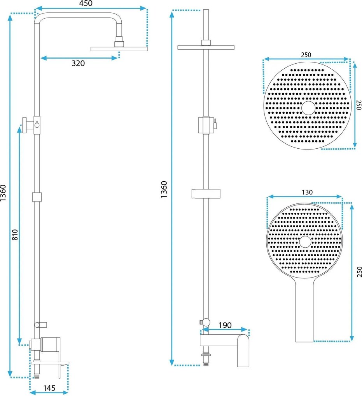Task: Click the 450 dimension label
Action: [86, 3]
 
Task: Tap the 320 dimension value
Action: [78, 63]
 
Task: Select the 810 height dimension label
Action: [15, 234]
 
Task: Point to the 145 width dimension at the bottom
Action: [49, 388]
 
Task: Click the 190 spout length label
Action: [225, 325]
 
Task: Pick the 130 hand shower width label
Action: [307, 192]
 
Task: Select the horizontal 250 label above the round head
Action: [306, 55]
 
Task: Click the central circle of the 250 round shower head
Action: [308, 108]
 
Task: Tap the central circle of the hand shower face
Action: [305, 242]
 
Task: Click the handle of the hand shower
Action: [304, 311]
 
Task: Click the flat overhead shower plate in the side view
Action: [206, 47]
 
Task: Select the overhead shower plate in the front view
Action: [119, 49]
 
